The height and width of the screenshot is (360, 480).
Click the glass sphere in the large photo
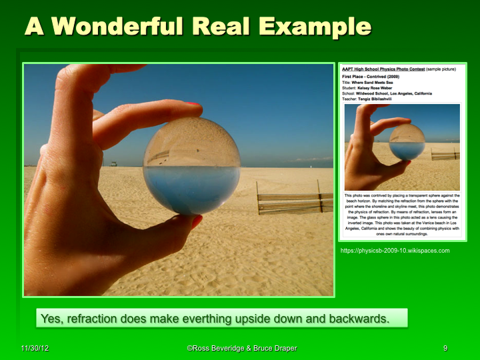(191, 166)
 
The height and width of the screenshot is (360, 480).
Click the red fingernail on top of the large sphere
(193, 105)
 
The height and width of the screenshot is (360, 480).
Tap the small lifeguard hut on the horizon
(114, 163)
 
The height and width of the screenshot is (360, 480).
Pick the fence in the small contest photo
(445, 154)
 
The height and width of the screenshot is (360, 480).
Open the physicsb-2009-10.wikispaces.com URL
(395, 251)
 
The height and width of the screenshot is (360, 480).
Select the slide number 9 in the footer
(445, 349)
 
